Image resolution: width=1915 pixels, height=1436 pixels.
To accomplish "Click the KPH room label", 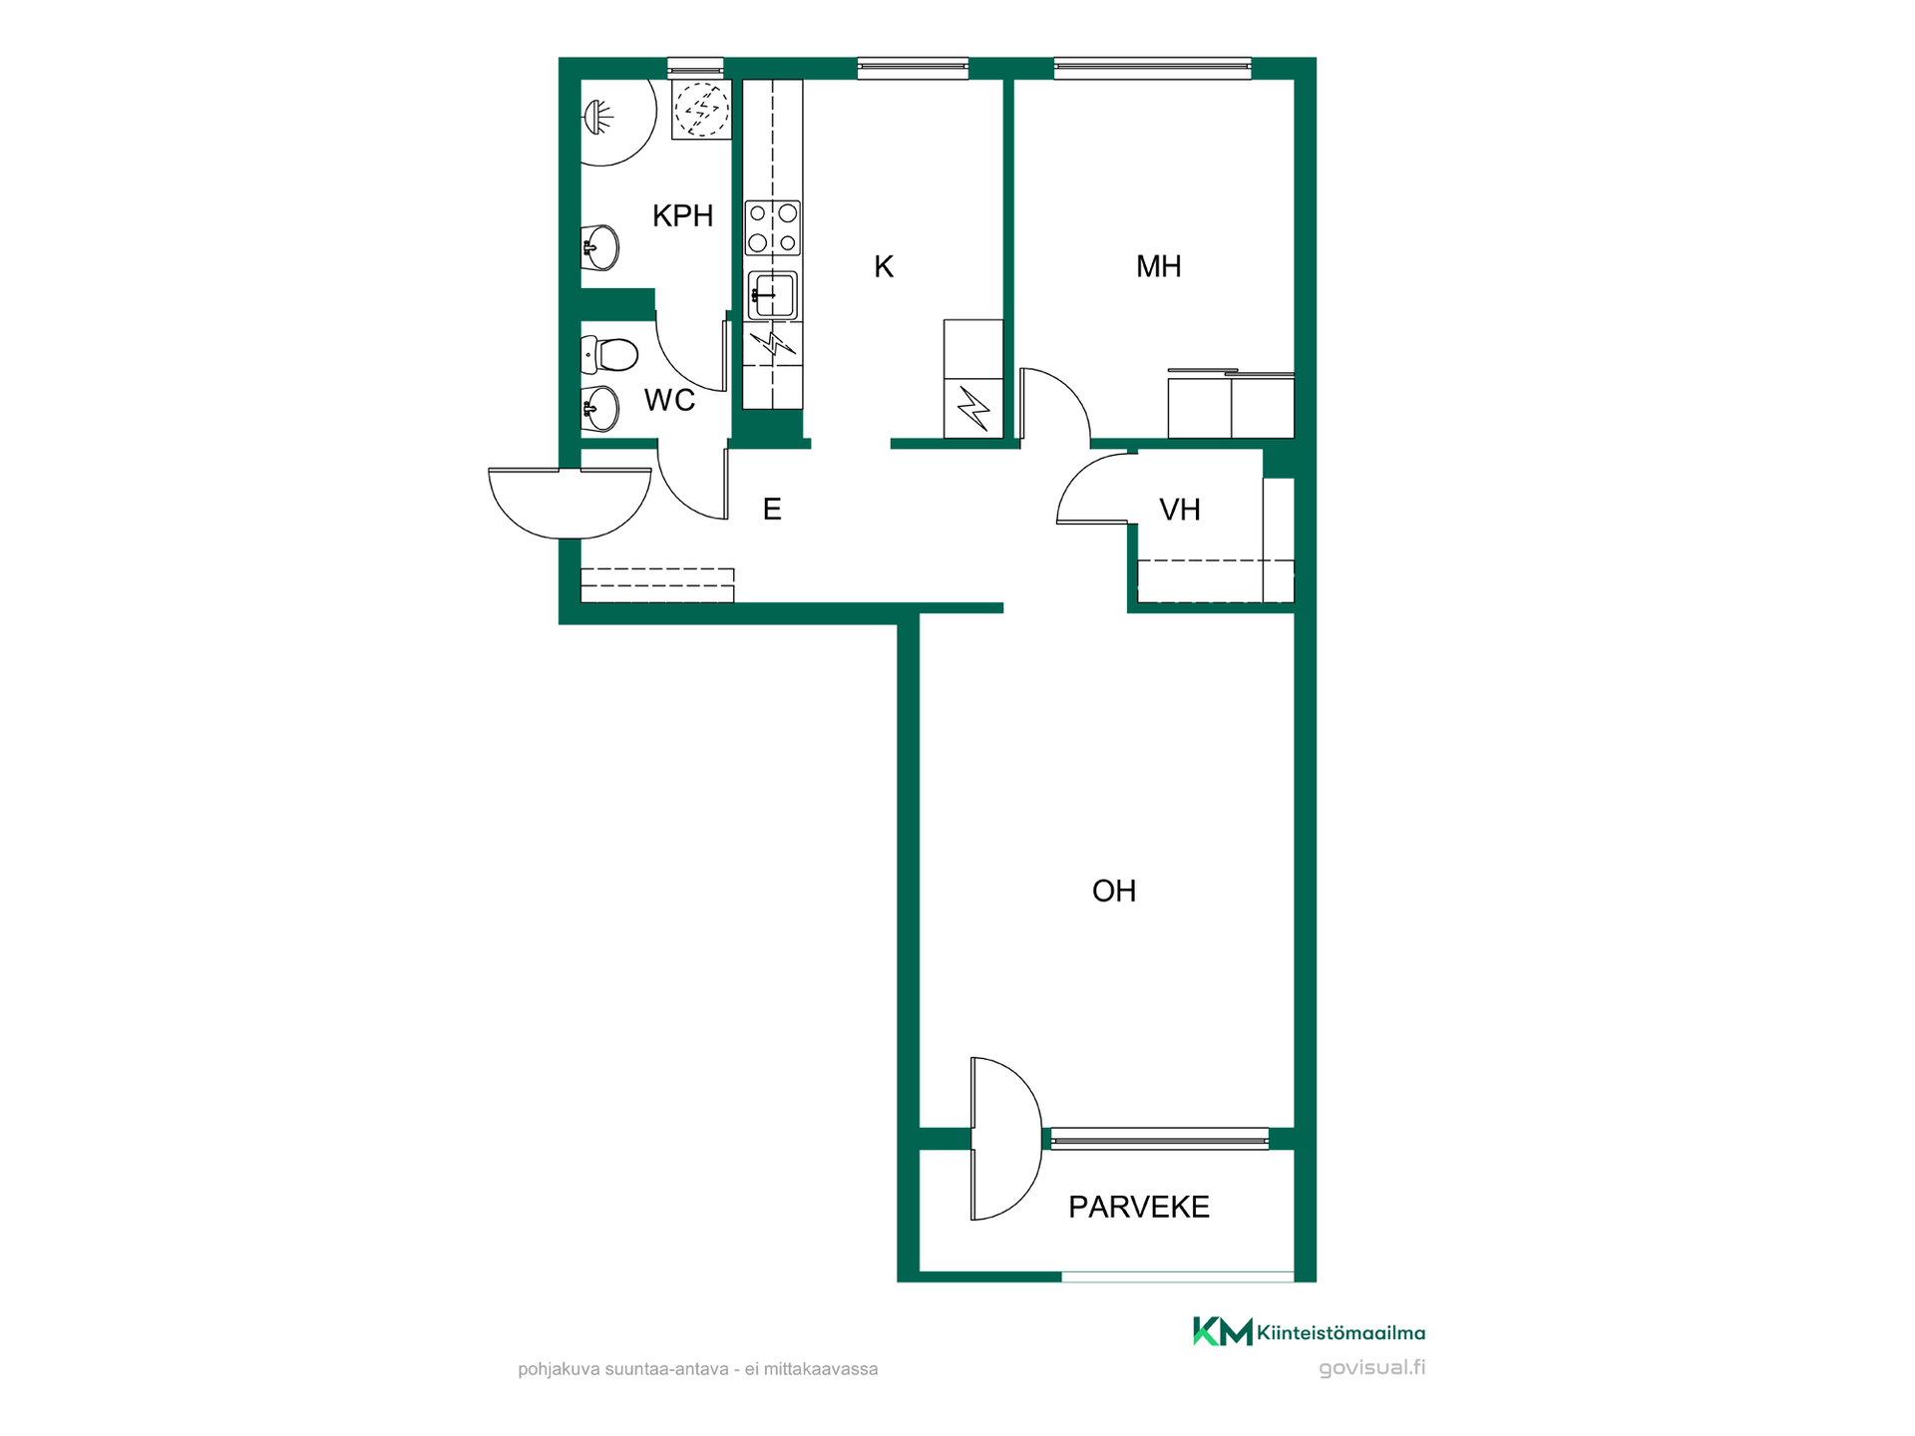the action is [682, 215].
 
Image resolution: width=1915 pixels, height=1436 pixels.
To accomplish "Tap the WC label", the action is [669, 400].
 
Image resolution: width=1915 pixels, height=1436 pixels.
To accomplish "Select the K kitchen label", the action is [884, 266].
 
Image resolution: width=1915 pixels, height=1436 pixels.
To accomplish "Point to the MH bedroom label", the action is [1158, 266].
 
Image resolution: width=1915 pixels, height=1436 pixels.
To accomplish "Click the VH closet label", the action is [1179, 510].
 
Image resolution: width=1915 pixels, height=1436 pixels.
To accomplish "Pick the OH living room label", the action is [1114, 891].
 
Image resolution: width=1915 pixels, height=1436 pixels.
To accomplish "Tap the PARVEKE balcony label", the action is [1139, 1207].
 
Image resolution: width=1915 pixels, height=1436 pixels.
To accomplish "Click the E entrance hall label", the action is [772, 510].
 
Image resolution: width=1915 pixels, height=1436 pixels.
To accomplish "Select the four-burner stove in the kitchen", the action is [773, 227].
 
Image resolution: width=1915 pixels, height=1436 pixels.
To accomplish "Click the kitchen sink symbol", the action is [773, 295].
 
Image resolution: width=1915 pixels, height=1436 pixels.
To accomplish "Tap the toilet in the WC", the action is [609, 354].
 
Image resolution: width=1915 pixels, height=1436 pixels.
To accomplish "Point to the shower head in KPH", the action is [597, 117].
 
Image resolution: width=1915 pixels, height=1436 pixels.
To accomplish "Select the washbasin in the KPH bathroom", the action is [599, 247].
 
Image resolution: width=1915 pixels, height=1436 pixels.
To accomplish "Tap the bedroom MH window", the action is [1152, 69].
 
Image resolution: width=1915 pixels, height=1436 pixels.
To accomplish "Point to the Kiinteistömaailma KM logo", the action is [1223, 1331].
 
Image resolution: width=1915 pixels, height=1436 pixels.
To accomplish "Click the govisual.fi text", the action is [1371, 1368].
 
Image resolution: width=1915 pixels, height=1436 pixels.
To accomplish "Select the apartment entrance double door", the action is [570, 503].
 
